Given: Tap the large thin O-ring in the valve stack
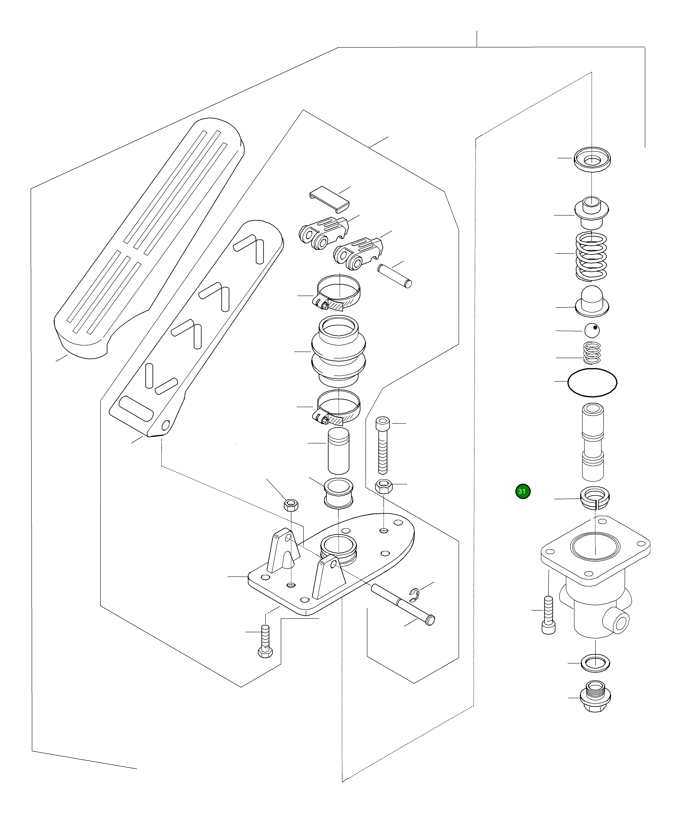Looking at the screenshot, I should [592, 382].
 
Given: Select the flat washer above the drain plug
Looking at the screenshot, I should [595, 663].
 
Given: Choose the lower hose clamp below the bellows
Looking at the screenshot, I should [338, 408].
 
